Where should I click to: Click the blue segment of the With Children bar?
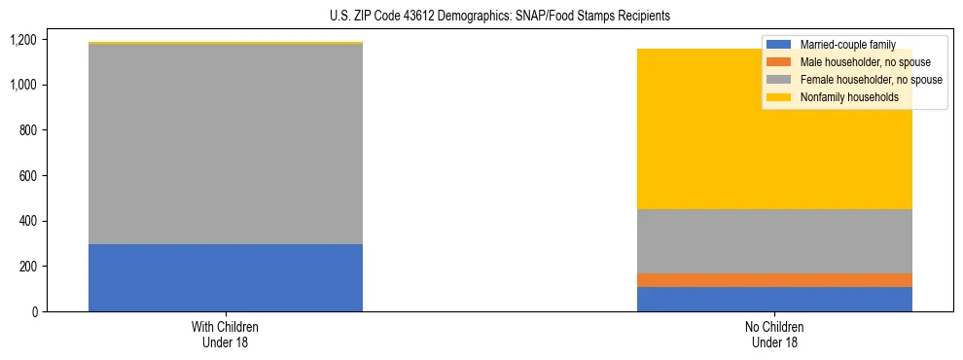click(x=226, y=277)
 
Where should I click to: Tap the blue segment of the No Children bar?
click(x=774, y=299)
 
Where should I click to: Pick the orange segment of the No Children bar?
click(x=774, y=280)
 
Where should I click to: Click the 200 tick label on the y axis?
click(x=27, y=267)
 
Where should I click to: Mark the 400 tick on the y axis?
click(x=27, y=221)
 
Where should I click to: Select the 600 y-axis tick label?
click(x=27, y=176)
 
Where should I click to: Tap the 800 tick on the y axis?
click(x=27, y=130)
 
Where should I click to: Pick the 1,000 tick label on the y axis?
click(x=23, y=86)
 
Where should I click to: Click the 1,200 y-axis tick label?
click(x=23, y=40)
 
